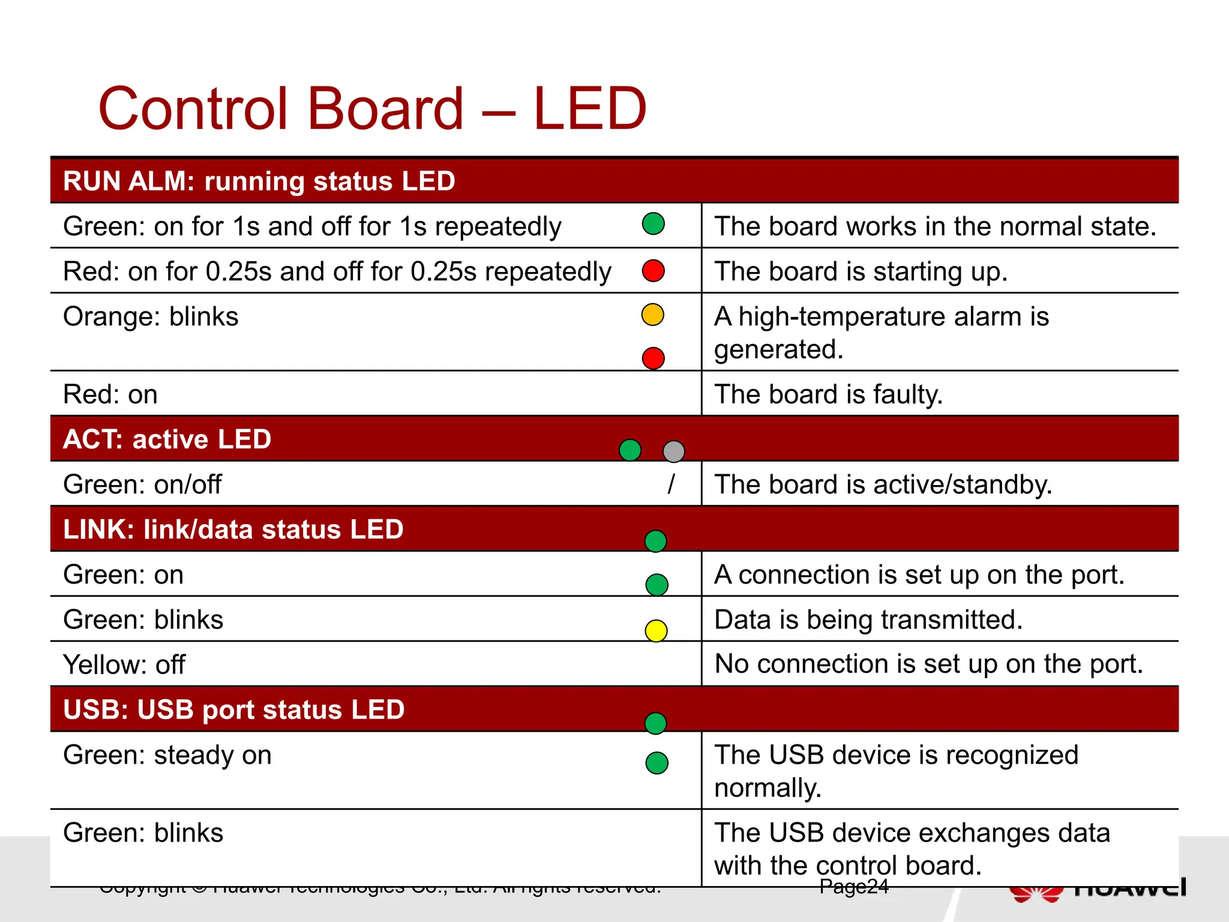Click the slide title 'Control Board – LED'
point(372,109)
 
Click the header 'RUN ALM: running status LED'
point(259,181)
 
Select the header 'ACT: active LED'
point(167,439)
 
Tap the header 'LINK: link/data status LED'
point(233,529)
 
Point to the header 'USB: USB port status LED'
point(234,710)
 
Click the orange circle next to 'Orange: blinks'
point(652,315)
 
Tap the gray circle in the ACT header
point(673,451)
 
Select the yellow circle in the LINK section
point(656,631)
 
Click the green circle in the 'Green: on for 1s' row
point(653,224)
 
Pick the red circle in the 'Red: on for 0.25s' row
point(653,271)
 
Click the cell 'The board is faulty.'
point(828,394)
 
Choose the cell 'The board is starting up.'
point(861,271)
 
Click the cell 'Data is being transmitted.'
point(868,619)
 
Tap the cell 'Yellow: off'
point(124,664)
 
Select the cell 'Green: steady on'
point(167,755)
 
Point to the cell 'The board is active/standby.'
point(883,484)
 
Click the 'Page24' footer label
point(853,887)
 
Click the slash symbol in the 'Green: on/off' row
point(671,484)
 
